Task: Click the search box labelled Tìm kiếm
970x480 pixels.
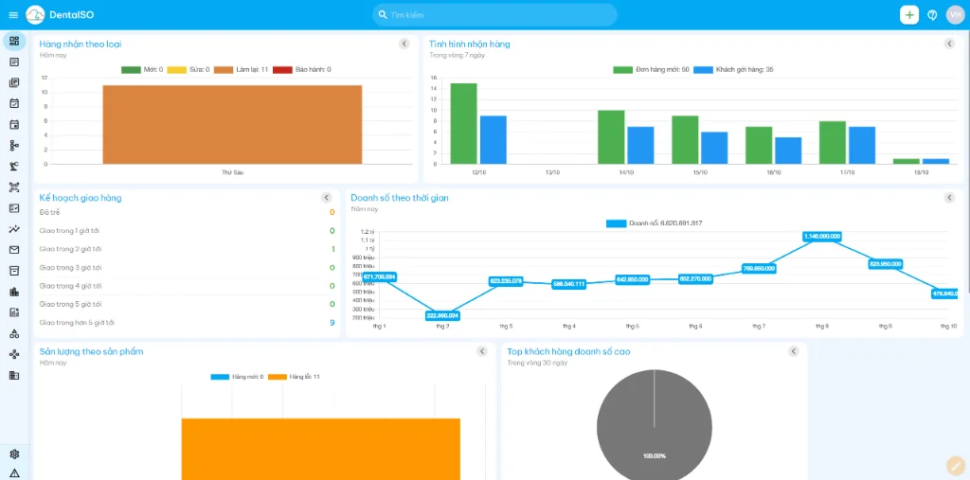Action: coord(494,15)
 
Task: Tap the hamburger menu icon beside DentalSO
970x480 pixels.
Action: coord(13,15)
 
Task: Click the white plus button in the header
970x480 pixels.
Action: coord(908,15)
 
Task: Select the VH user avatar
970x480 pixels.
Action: coord(955,15)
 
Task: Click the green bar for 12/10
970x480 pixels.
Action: coord(463,124)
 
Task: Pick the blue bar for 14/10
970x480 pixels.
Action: coord(640,145)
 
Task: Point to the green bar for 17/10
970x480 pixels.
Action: coord(833,142)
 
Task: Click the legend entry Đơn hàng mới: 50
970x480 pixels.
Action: coord(651,70)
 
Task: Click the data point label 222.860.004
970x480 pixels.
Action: coord(442,315)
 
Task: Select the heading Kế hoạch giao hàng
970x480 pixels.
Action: coord(81,198)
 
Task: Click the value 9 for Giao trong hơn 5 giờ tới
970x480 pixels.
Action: coord(332,323)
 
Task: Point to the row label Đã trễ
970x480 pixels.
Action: coord(49,212)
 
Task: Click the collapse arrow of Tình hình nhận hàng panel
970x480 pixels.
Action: coord(949,44)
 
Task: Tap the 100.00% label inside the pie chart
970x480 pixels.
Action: coord(654,456)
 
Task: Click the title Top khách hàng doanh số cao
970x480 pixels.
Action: coord(568,351)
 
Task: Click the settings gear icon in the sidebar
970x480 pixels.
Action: coord(14,453)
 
